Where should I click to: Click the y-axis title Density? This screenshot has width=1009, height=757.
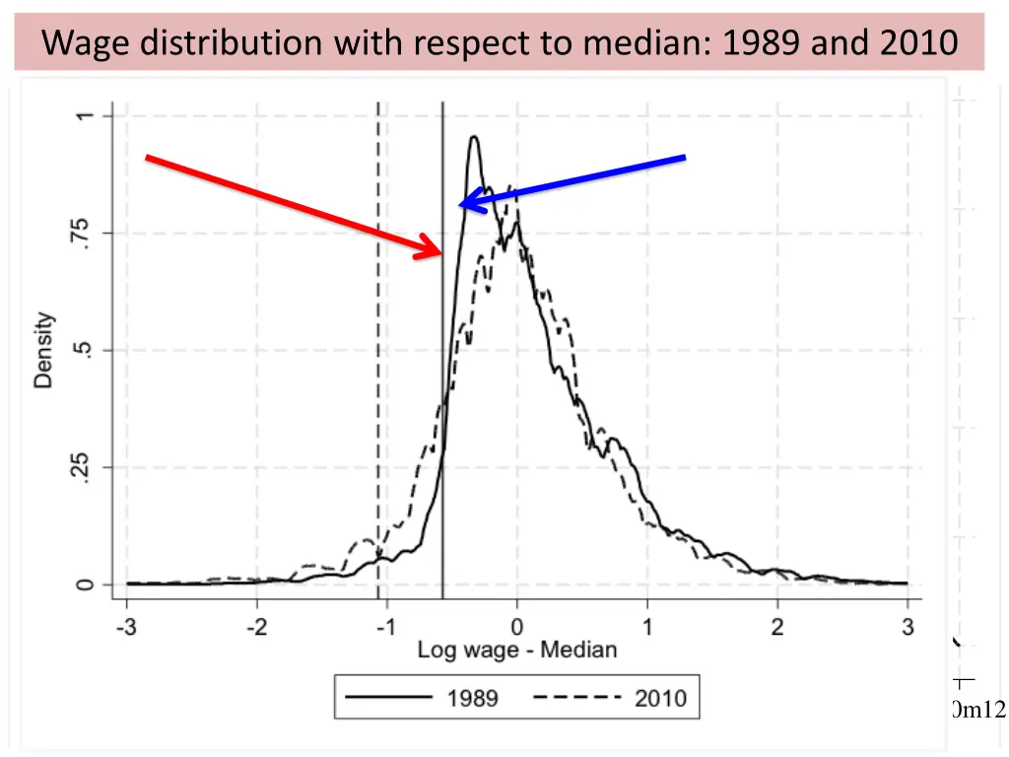[44, 350]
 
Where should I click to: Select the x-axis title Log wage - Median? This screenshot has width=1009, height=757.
[517, 650]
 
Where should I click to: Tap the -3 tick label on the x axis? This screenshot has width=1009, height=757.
[125, 627]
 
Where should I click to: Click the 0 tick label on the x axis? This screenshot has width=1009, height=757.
[516, 627]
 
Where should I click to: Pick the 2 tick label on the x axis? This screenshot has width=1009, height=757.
[777, 627]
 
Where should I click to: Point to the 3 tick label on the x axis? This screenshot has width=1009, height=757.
[908, 627]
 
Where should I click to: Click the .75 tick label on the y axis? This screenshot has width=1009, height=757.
[85, 233]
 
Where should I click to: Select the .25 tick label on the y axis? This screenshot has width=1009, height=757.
[85, 467]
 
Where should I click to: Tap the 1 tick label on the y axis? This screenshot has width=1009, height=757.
[85, 116]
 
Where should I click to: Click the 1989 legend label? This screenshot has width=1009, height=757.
[473, 699]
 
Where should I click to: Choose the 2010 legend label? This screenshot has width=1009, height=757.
[660, 699]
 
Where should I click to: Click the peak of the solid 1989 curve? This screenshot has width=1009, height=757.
[474, 138]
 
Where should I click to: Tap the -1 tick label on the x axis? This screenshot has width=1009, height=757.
[385, 627]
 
